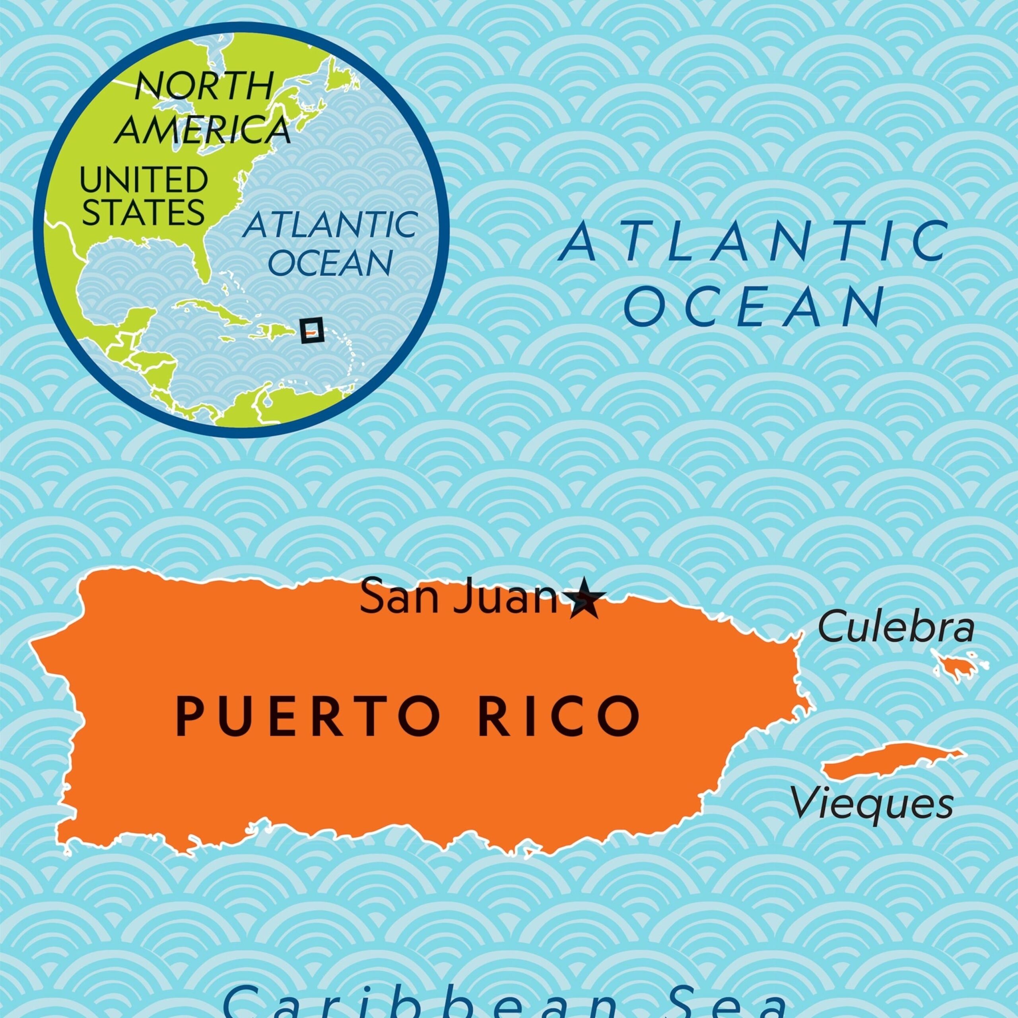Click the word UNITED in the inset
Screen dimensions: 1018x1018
pos(143,180)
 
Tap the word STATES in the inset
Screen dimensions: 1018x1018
pos(143,212)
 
